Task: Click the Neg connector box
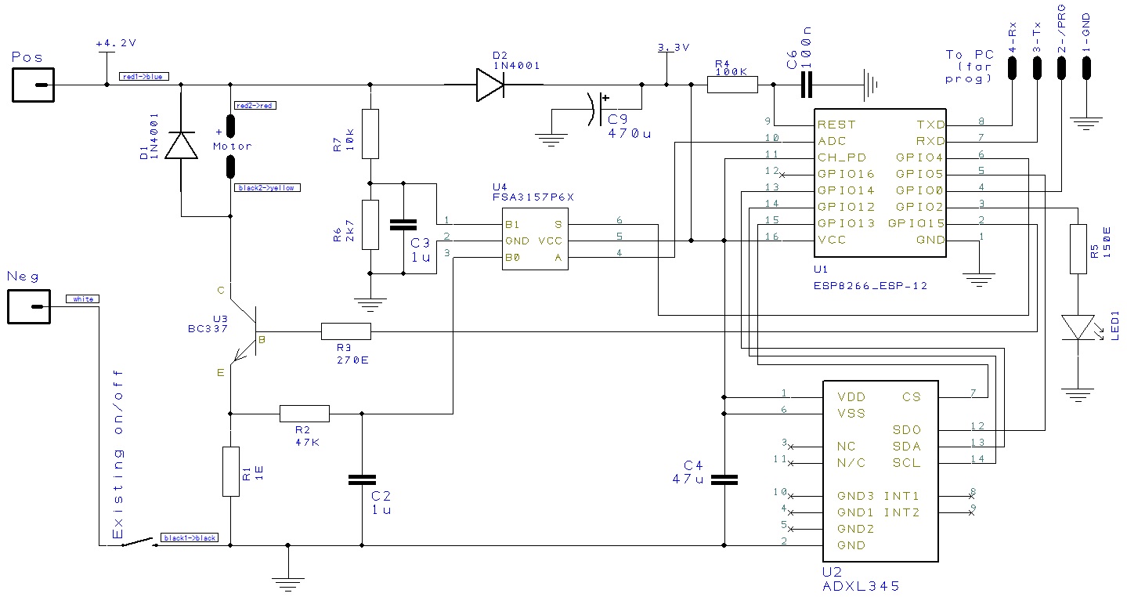tap(29, 306)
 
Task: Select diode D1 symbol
tap(182, 147)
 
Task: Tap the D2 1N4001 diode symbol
tap(490, 85)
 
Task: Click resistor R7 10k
tap(370, 135)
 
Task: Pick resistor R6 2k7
tap(370, 224)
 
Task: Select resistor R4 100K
tap(732, 85)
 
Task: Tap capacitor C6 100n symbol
tap(807, 85)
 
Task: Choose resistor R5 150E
tap(1078, 248)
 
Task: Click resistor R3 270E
tap(345, 332)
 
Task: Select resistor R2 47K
tap(304, 414)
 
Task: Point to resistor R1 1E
tap(230, 471)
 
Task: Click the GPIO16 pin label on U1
tap(846, 174)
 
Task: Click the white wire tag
tap(82, 299)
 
